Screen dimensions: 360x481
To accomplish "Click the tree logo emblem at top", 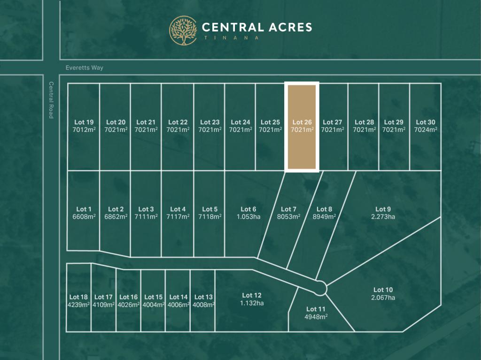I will click(x=183, y=31).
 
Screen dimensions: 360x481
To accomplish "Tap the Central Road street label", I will click(x=51, y=100).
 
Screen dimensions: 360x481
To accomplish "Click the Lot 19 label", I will click(x=84, y=123).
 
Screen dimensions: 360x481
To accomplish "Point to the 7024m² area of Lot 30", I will click(x=425, y=130).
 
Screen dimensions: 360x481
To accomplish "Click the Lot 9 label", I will click(x=383, y=209).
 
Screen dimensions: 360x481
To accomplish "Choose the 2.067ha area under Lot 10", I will click(x=383, y=298).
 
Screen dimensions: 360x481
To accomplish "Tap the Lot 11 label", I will click(x=316, y=309).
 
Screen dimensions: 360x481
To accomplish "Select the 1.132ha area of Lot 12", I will click(x=251, y=303).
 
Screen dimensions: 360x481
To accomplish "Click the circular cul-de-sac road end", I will click(x=320, y=288).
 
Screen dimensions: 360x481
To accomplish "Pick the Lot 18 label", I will click(x=78, y=297).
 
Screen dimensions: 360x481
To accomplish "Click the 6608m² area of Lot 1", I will click(x=84, y=217).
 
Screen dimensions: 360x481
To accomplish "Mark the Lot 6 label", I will click(x=248, y=209).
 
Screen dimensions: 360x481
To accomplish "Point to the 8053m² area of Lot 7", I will click(x=288, y=217).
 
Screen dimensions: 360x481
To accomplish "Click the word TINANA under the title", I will click(x=230, y=38).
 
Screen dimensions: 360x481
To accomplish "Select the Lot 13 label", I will click(x=203, y=297).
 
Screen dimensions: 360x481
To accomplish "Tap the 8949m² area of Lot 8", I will click(x=324, y=217).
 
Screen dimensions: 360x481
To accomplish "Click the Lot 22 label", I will click(x=178, y=123).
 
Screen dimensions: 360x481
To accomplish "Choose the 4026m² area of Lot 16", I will click(x=128, y=305).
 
